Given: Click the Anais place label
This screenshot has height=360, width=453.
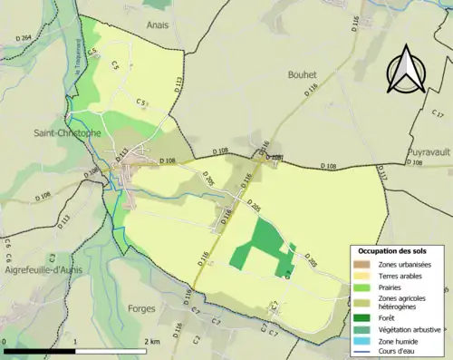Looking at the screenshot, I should tap(159, 26).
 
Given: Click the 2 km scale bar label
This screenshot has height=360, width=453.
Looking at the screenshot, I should tap(153, 341).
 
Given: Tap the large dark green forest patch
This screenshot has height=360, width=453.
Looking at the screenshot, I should tap(261, 242).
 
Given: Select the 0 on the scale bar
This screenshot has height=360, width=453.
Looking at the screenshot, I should tap(5, 341).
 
